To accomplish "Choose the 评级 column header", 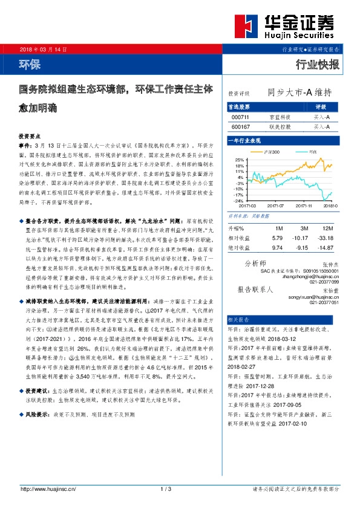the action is pyautogui.click(x=321, y=106).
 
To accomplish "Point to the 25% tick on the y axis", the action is pyautogui.click(x=240, y=160).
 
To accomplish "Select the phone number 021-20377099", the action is pyautogui.click(x=326, y=282).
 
